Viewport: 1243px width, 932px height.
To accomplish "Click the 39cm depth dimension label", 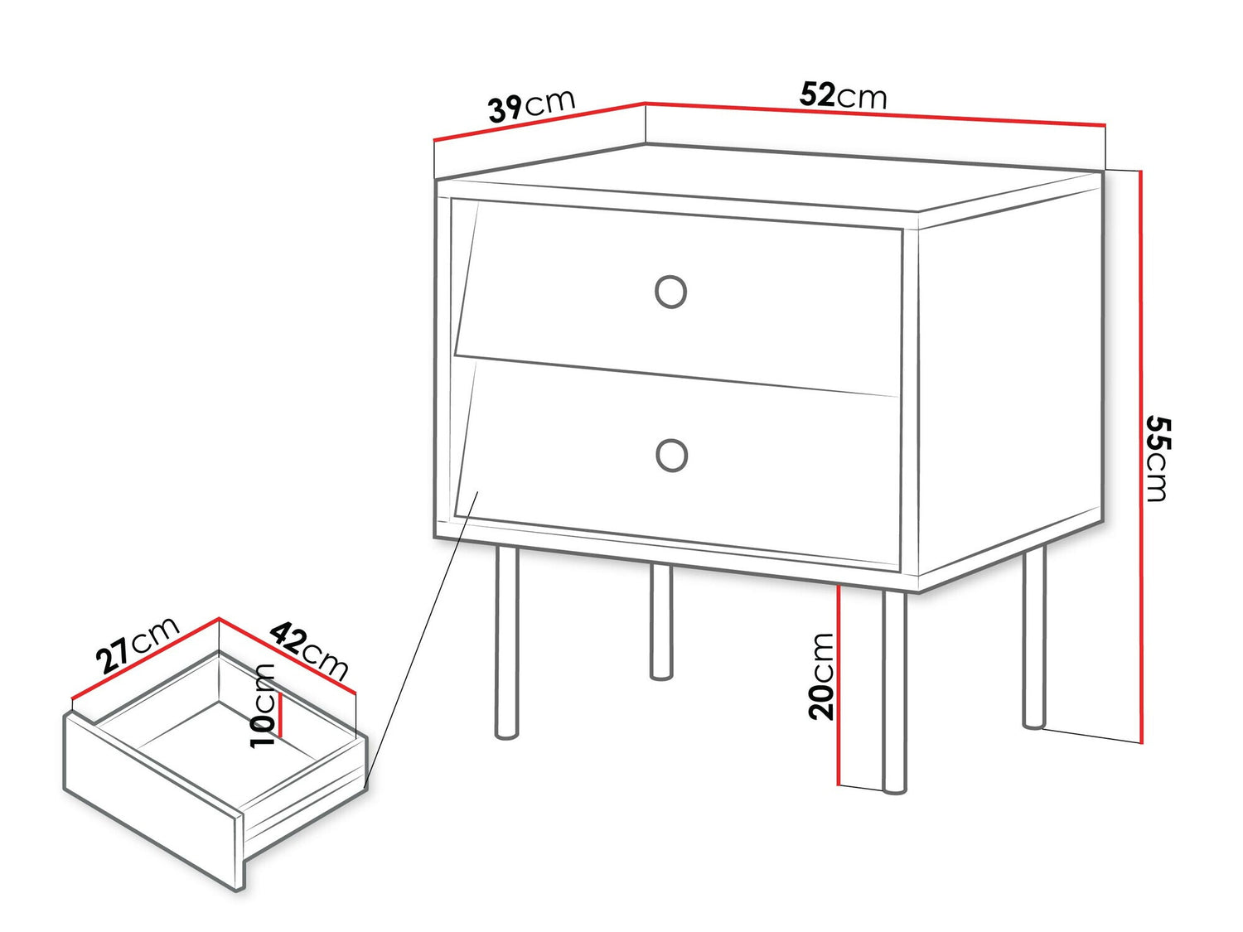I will point(530,105).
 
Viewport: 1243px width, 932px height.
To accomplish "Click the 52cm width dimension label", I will point(843,96).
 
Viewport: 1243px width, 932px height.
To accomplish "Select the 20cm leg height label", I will point(822,675).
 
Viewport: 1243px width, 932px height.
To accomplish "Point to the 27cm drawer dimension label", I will point(137,644).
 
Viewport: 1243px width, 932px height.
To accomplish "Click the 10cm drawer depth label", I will point(264,705).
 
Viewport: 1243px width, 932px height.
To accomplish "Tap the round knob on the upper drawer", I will point(670,292).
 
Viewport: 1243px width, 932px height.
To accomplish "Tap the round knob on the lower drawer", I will point(671,455).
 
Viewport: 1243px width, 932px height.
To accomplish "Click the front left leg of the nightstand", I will point(505,642).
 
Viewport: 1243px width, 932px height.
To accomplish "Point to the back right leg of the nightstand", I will point(1033,638).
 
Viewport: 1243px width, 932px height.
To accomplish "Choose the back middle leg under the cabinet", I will point(660,621).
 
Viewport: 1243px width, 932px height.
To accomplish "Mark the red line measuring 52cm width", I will point(875,114).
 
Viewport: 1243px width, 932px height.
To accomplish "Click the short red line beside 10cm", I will point(281,714).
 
